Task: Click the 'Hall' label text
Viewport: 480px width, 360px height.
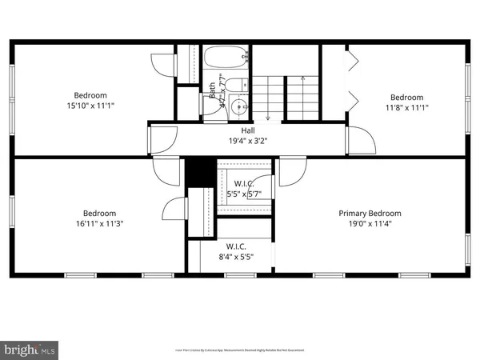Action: [x=247, y=130]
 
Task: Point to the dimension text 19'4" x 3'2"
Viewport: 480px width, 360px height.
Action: [x=247, y=141]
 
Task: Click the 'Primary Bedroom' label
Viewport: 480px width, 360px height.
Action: [x=370, y=214]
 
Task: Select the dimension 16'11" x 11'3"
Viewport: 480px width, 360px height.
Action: [x=100, y=225]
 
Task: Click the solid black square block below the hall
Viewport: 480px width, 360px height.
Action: [x=201, y=171]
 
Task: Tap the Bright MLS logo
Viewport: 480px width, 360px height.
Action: [x=30, y=350]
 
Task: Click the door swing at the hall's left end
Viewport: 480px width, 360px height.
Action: [x=162, y=139]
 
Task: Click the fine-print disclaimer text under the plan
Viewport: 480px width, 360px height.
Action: [x=240, y=350]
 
